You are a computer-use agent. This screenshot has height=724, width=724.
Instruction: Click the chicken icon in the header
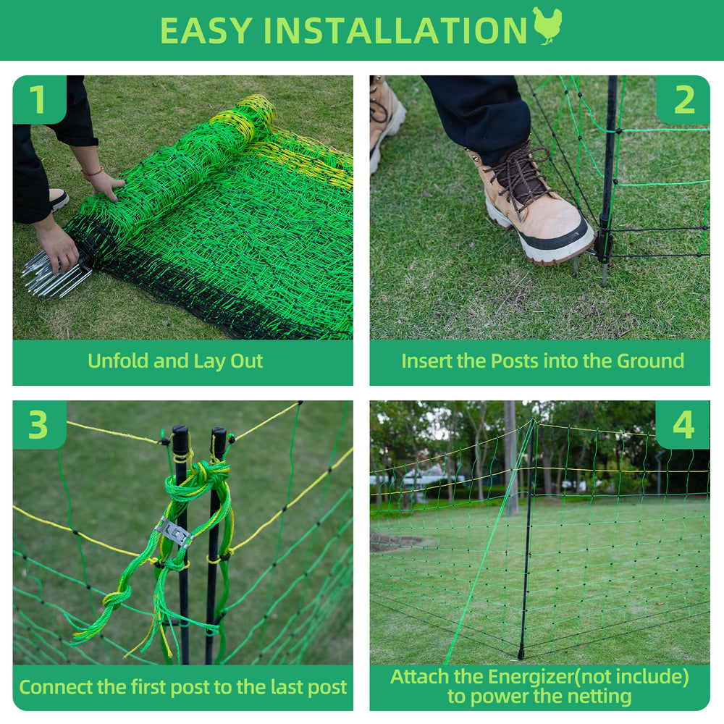tap(547, 26)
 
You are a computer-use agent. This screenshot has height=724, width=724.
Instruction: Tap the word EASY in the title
tap(206, 31)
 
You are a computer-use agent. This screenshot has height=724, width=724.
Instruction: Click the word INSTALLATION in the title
tap(395, 31)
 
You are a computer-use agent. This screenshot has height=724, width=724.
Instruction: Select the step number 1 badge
tap(39, 99)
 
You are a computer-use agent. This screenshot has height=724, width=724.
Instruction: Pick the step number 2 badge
tap(683, 100)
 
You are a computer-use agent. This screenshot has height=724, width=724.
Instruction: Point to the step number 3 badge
tap(39, 425)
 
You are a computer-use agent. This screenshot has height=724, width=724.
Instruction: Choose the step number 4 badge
tap(683, 425)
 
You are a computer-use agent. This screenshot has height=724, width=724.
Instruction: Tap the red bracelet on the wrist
tap(93, 172)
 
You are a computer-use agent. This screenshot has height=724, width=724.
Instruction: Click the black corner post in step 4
tap(528, 539)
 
